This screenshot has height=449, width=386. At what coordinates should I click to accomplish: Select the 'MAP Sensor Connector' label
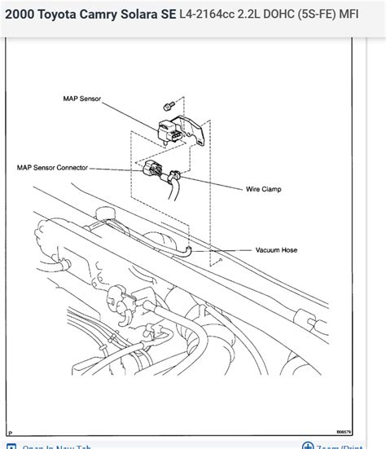pyautogui.click(x=50, y=168)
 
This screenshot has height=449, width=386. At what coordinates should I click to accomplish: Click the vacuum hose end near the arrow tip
pyautogui.click(x=189, y=252)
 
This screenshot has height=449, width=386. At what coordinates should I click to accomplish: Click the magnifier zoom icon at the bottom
pyautogui.click(x=308, y=446)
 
